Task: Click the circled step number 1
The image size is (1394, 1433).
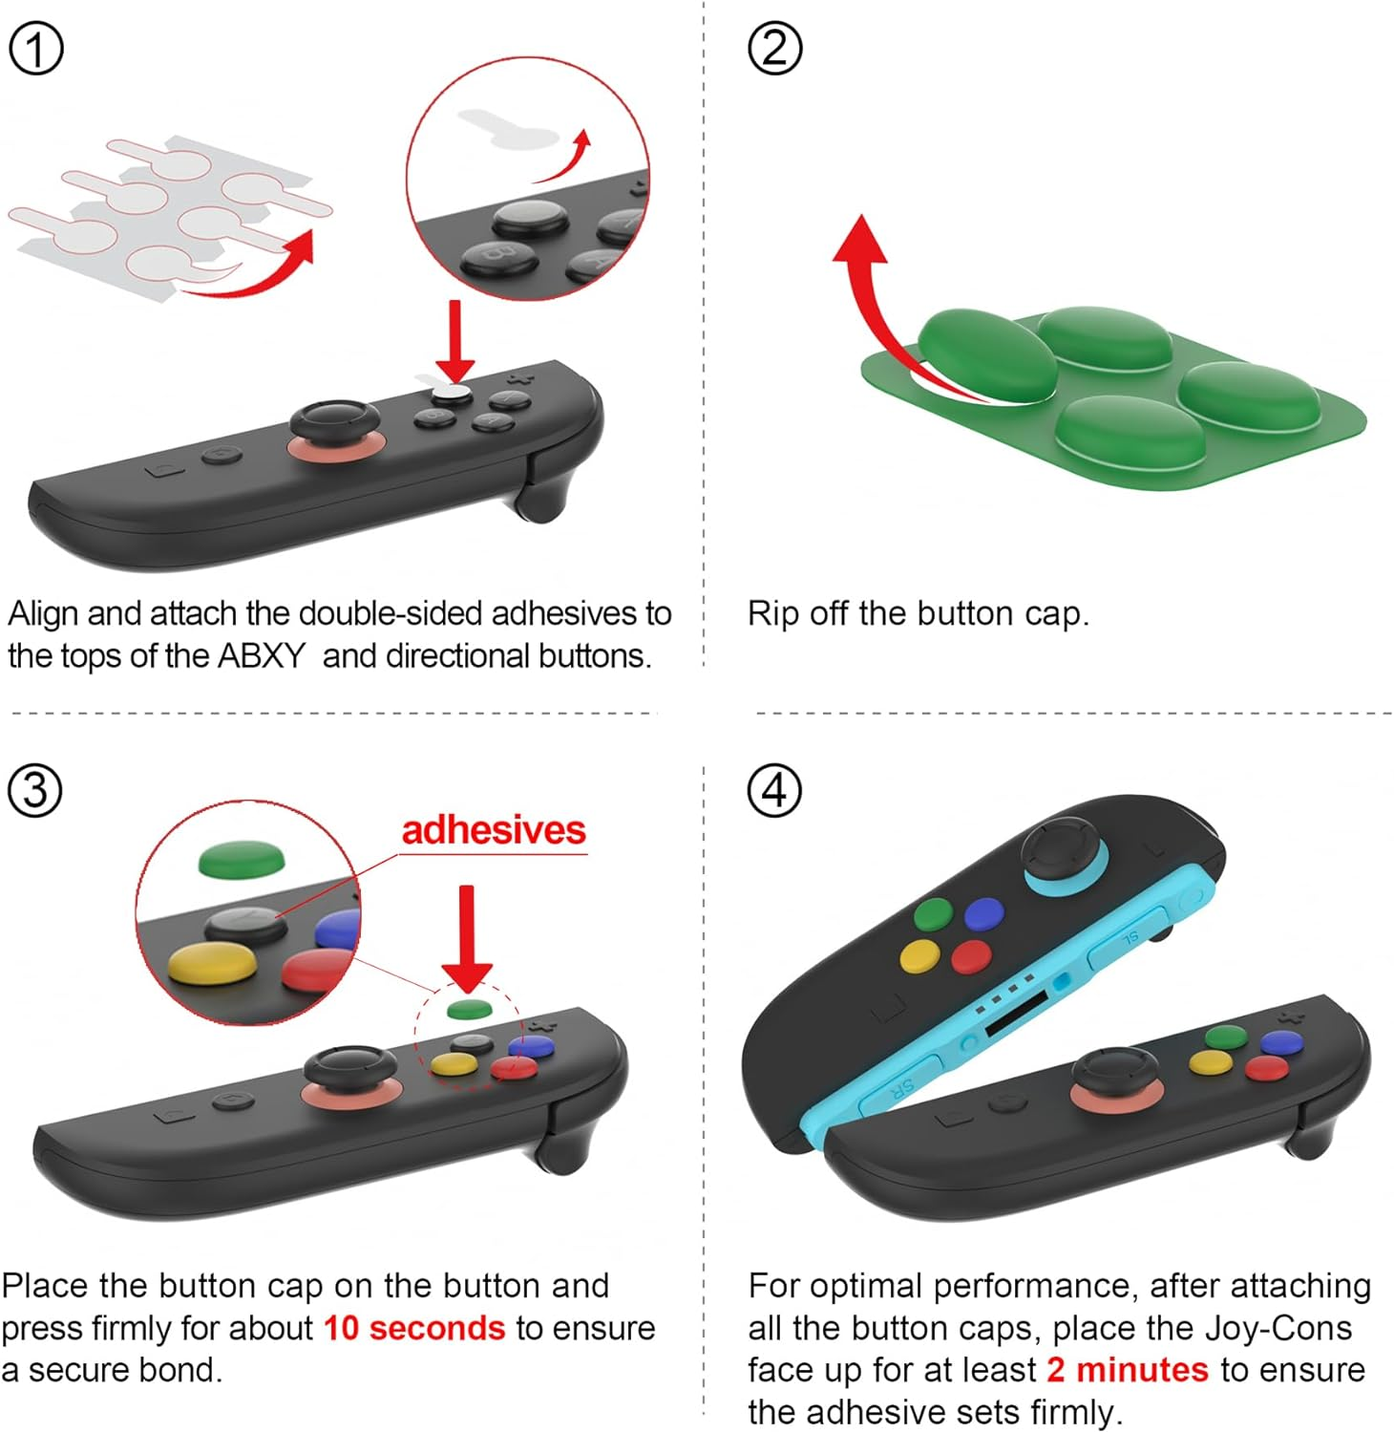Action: pyautogui.click(x=36, y=50)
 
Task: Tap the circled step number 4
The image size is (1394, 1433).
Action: pyautogui.click(x=774, y=791)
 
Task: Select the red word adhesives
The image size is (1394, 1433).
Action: pyautogui.click(x=493, y=830)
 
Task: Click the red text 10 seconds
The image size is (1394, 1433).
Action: pyautogui.click(x=413, y=1328)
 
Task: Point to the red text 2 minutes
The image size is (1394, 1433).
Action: pyautogui.click(x=1127, y=1370)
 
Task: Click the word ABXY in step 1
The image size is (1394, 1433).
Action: pyautogui.click(x=261, y=656)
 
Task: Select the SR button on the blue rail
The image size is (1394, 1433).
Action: pyautogui.click(x=901, y=1090)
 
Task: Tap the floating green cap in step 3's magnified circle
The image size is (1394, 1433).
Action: pyautogui.click(x=242, y=859)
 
